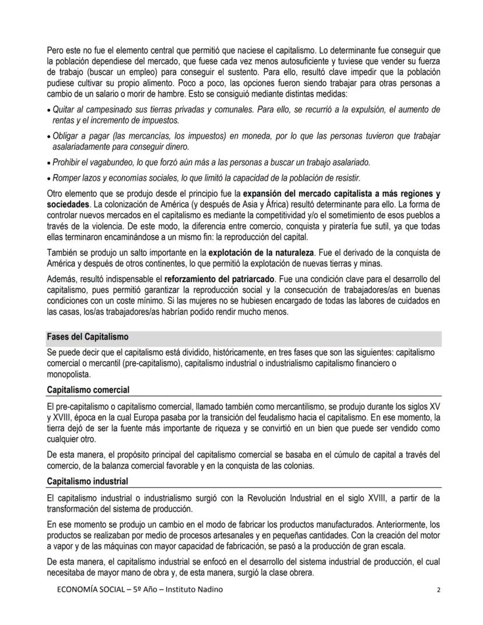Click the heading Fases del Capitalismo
(x=87, y=337)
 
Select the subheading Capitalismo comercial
(x=88, y=389)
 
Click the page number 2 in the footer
(x=438, y=590)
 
